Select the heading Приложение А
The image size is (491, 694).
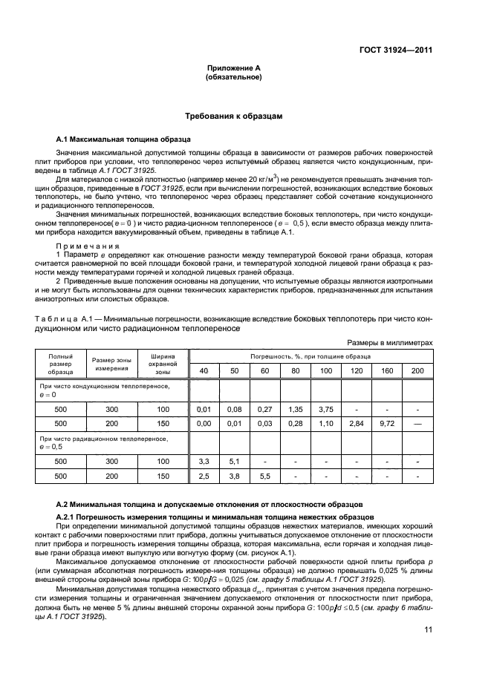pos(233,68)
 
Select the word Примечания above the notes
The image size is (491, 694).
pos(84,245)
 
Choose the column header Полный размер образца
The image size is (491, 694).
pos(60,363)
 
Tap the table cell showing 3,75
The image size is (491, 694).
pos(325,409)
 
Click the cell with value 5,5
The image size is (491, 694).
pos(264,476)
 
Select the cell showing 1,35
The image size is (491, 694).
pos(295,409)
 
